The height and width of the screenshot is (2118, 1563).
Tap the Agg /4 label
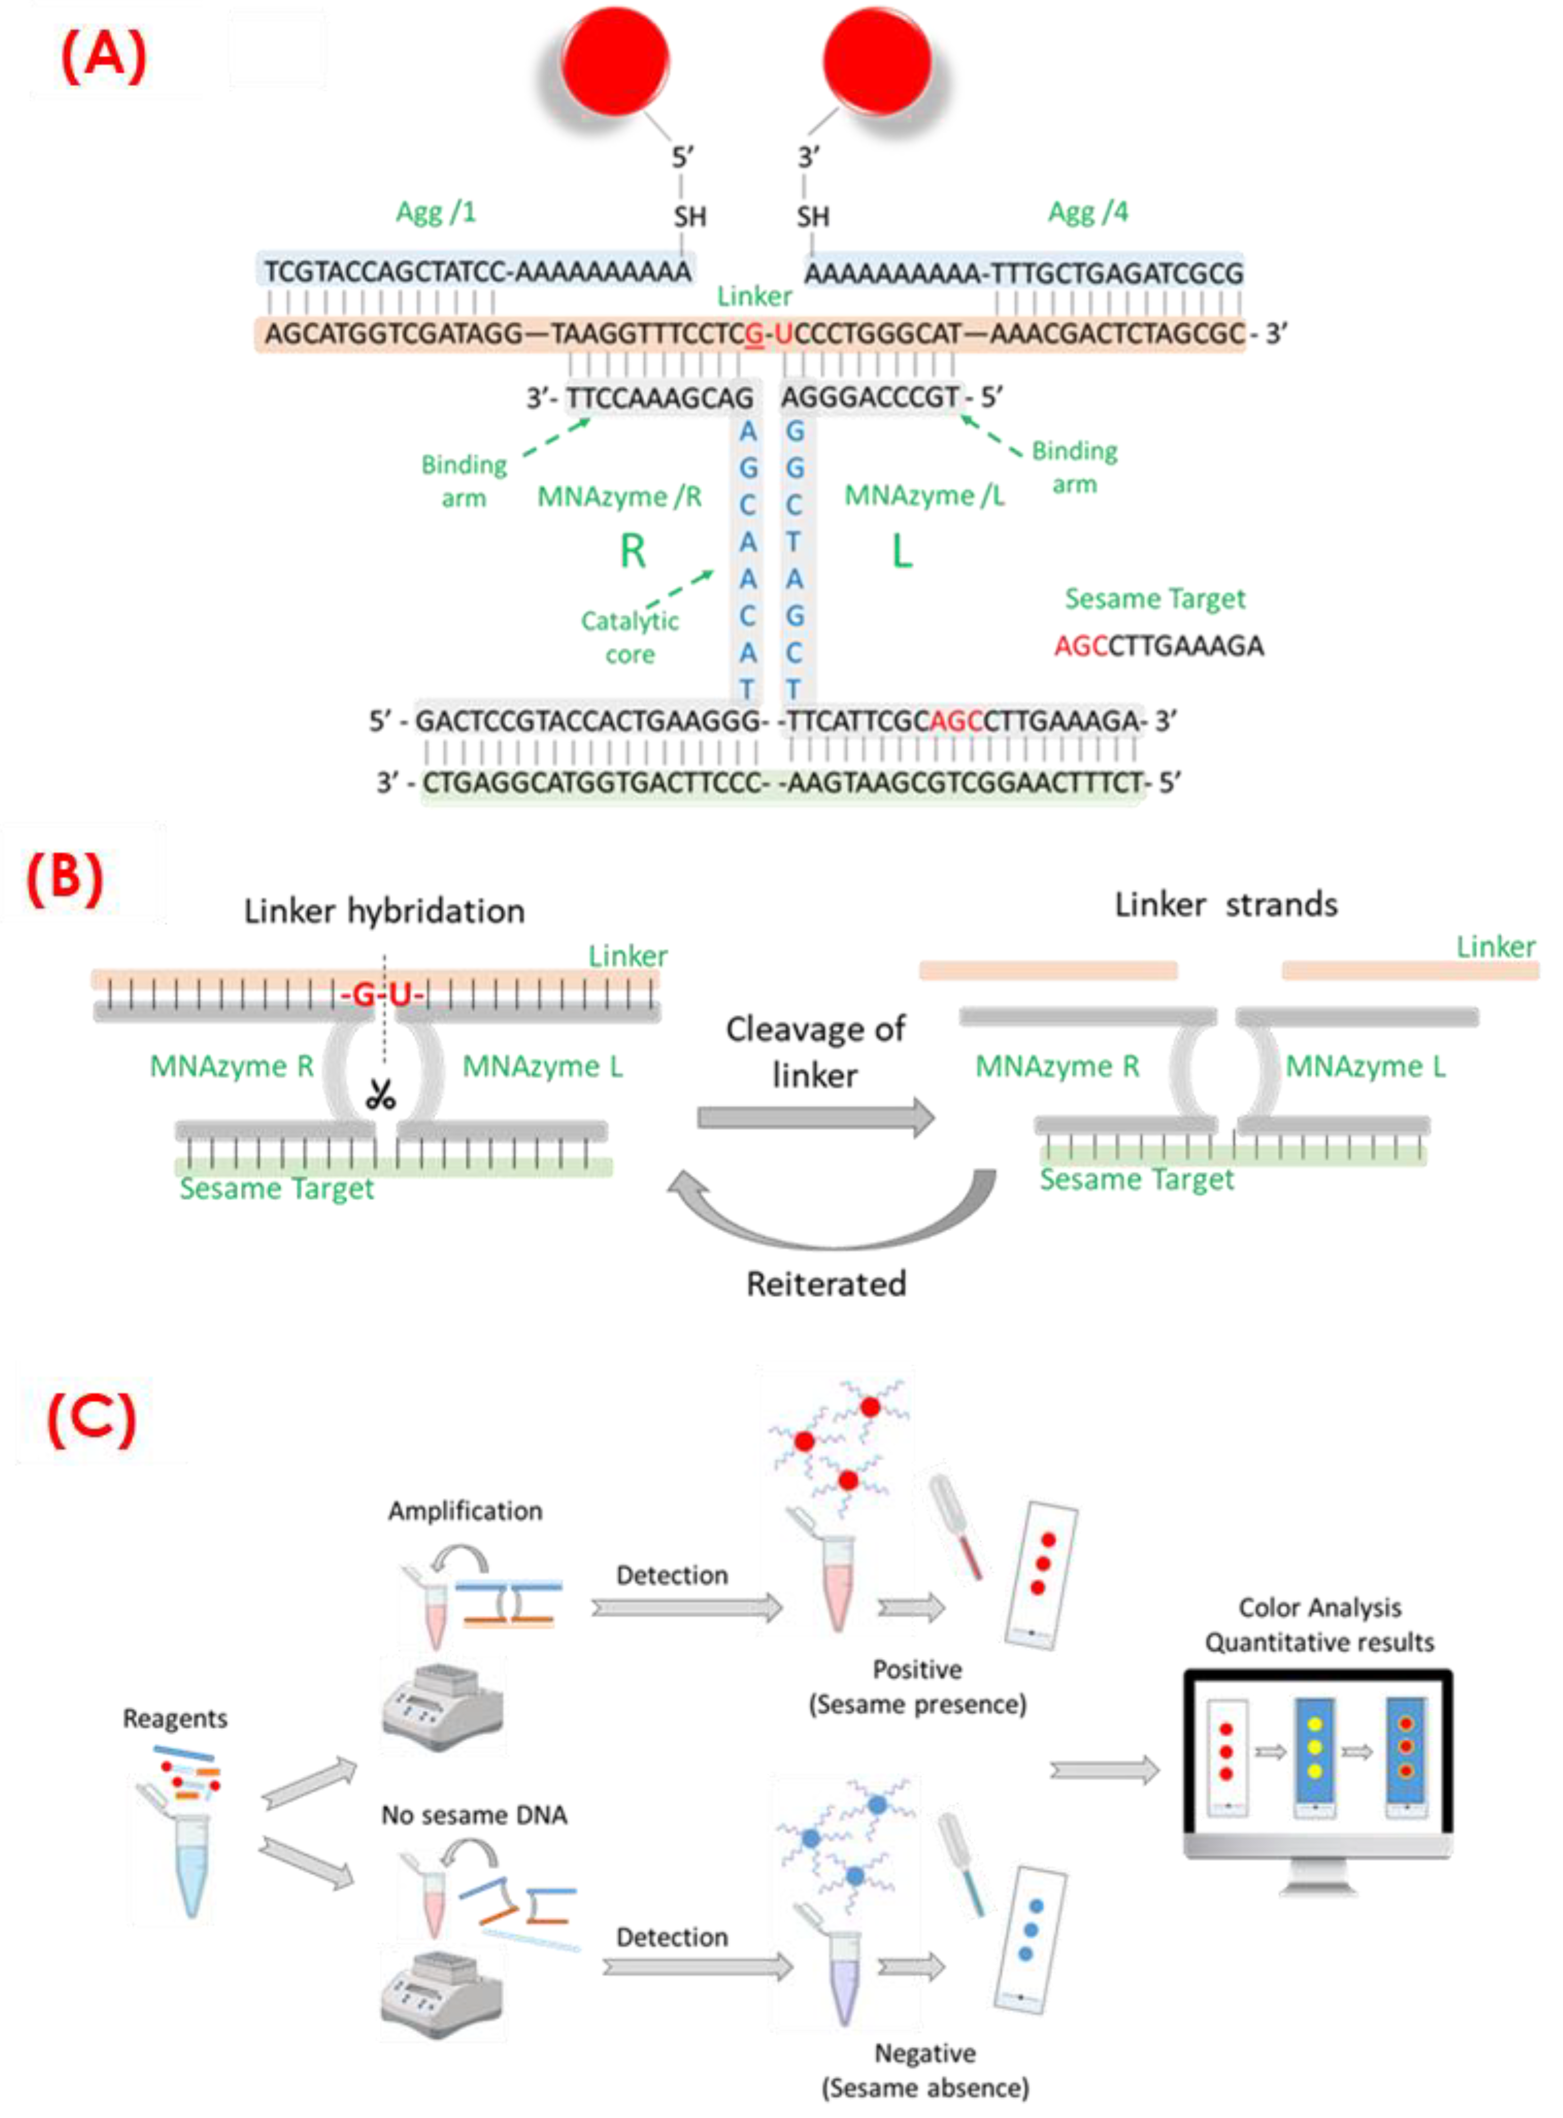1087,212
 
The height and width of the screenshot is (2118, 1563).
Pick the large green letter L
902,551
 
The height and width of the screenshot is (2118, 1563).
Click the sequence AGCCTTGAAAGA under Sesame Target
1158,647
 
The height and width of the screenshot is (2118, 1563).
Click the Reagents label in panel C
175,1718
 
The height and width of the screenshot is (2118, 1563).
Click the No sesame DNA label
474,1814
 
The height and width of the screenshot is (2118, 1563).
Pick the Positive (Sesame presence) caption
917,1686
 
